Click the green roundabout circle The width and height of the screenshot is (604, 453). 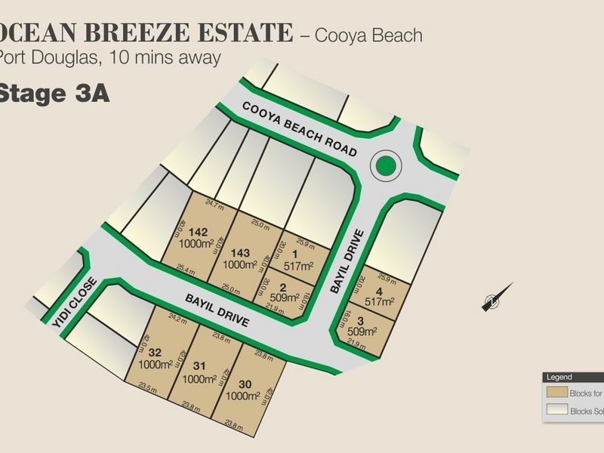(x=386, y=165)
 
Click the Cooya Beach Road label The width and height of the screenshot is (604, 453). (x=300, y=129)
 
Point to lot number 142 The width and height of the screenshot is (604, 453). (x=199, y=232)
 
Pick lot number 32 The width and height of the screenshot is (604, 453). (x=156, y=353)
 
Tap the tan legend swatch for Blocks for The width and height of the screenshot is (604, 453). (x=558, y=393)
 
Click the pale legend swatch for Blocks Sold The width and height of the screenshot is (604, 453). (x=558, y=411)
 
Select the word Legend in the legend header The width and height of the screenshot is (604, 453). (x=560, y=377)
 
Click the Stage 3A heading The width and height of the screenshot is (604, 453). (x=54, y=94)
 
